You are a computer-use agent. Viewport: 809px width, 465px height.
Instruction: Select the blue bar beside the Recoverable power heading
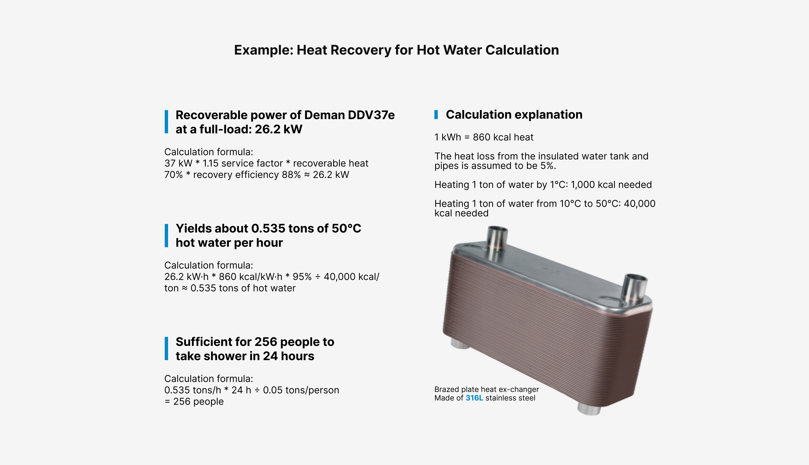166,122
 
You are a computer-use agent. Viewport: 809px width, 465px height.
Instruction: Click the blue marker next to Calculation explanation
436,114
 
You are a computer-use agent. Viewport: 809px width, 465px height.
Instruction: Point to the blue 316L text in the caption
474,398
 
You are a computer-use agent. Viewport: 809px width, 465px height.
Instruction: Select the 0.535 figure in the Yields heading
268,228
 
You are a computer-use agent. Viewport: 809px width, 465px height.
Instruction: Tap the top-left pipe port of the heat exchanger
497,239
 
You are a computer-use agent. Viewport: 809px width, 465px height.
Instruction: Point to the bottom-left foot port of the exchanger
460,344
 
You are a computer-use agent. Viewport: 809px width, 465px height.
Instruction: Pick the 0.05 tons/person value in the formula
301,390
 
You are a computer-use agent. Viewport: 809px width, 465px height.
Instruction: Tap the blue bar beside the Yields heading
166,236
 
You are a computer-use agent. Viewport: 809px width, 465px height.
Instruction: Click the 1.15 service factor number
211,163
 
